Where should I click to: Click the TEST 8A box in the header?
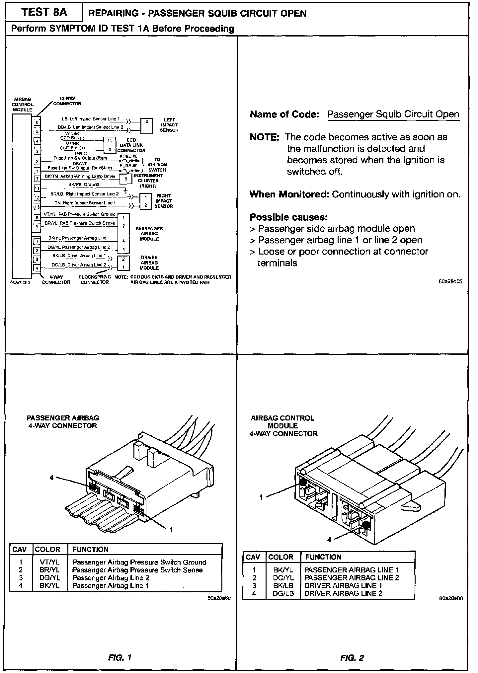(44, 13)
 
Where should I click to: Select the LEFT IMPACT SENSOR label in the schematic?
(169, 125)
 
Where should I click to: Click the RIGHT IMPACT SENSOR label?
(164, 201)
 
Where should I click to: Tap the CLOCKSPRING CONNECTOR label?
(95, 279)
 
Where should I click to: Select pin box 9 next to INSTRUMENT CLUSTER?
(126, 179)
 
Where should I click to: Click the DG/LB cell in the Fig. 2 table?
(283, 593)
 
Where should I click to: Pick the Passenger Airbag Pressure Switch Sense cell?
(137, 570)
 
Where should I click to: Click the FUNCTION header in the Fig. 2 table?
(323, 557)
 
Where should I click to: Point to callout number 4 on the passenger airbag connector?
(51, 478)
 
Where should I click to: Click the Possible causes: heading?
(288, 217)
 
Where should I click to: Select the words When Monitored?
(289, 194)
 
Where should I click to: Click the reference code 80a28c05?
(450, 281)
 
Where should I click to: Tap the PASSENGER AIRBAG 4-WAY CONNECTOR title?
(63, 422)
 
